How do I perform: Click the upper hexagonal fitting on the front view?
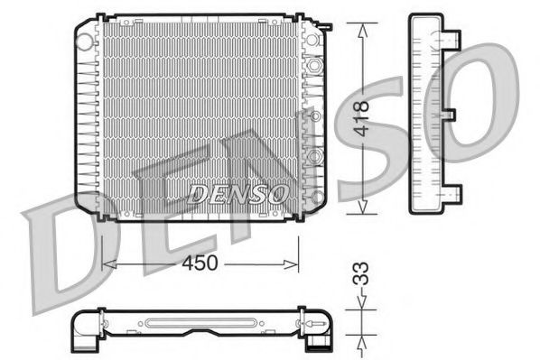tap(313, 67)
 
